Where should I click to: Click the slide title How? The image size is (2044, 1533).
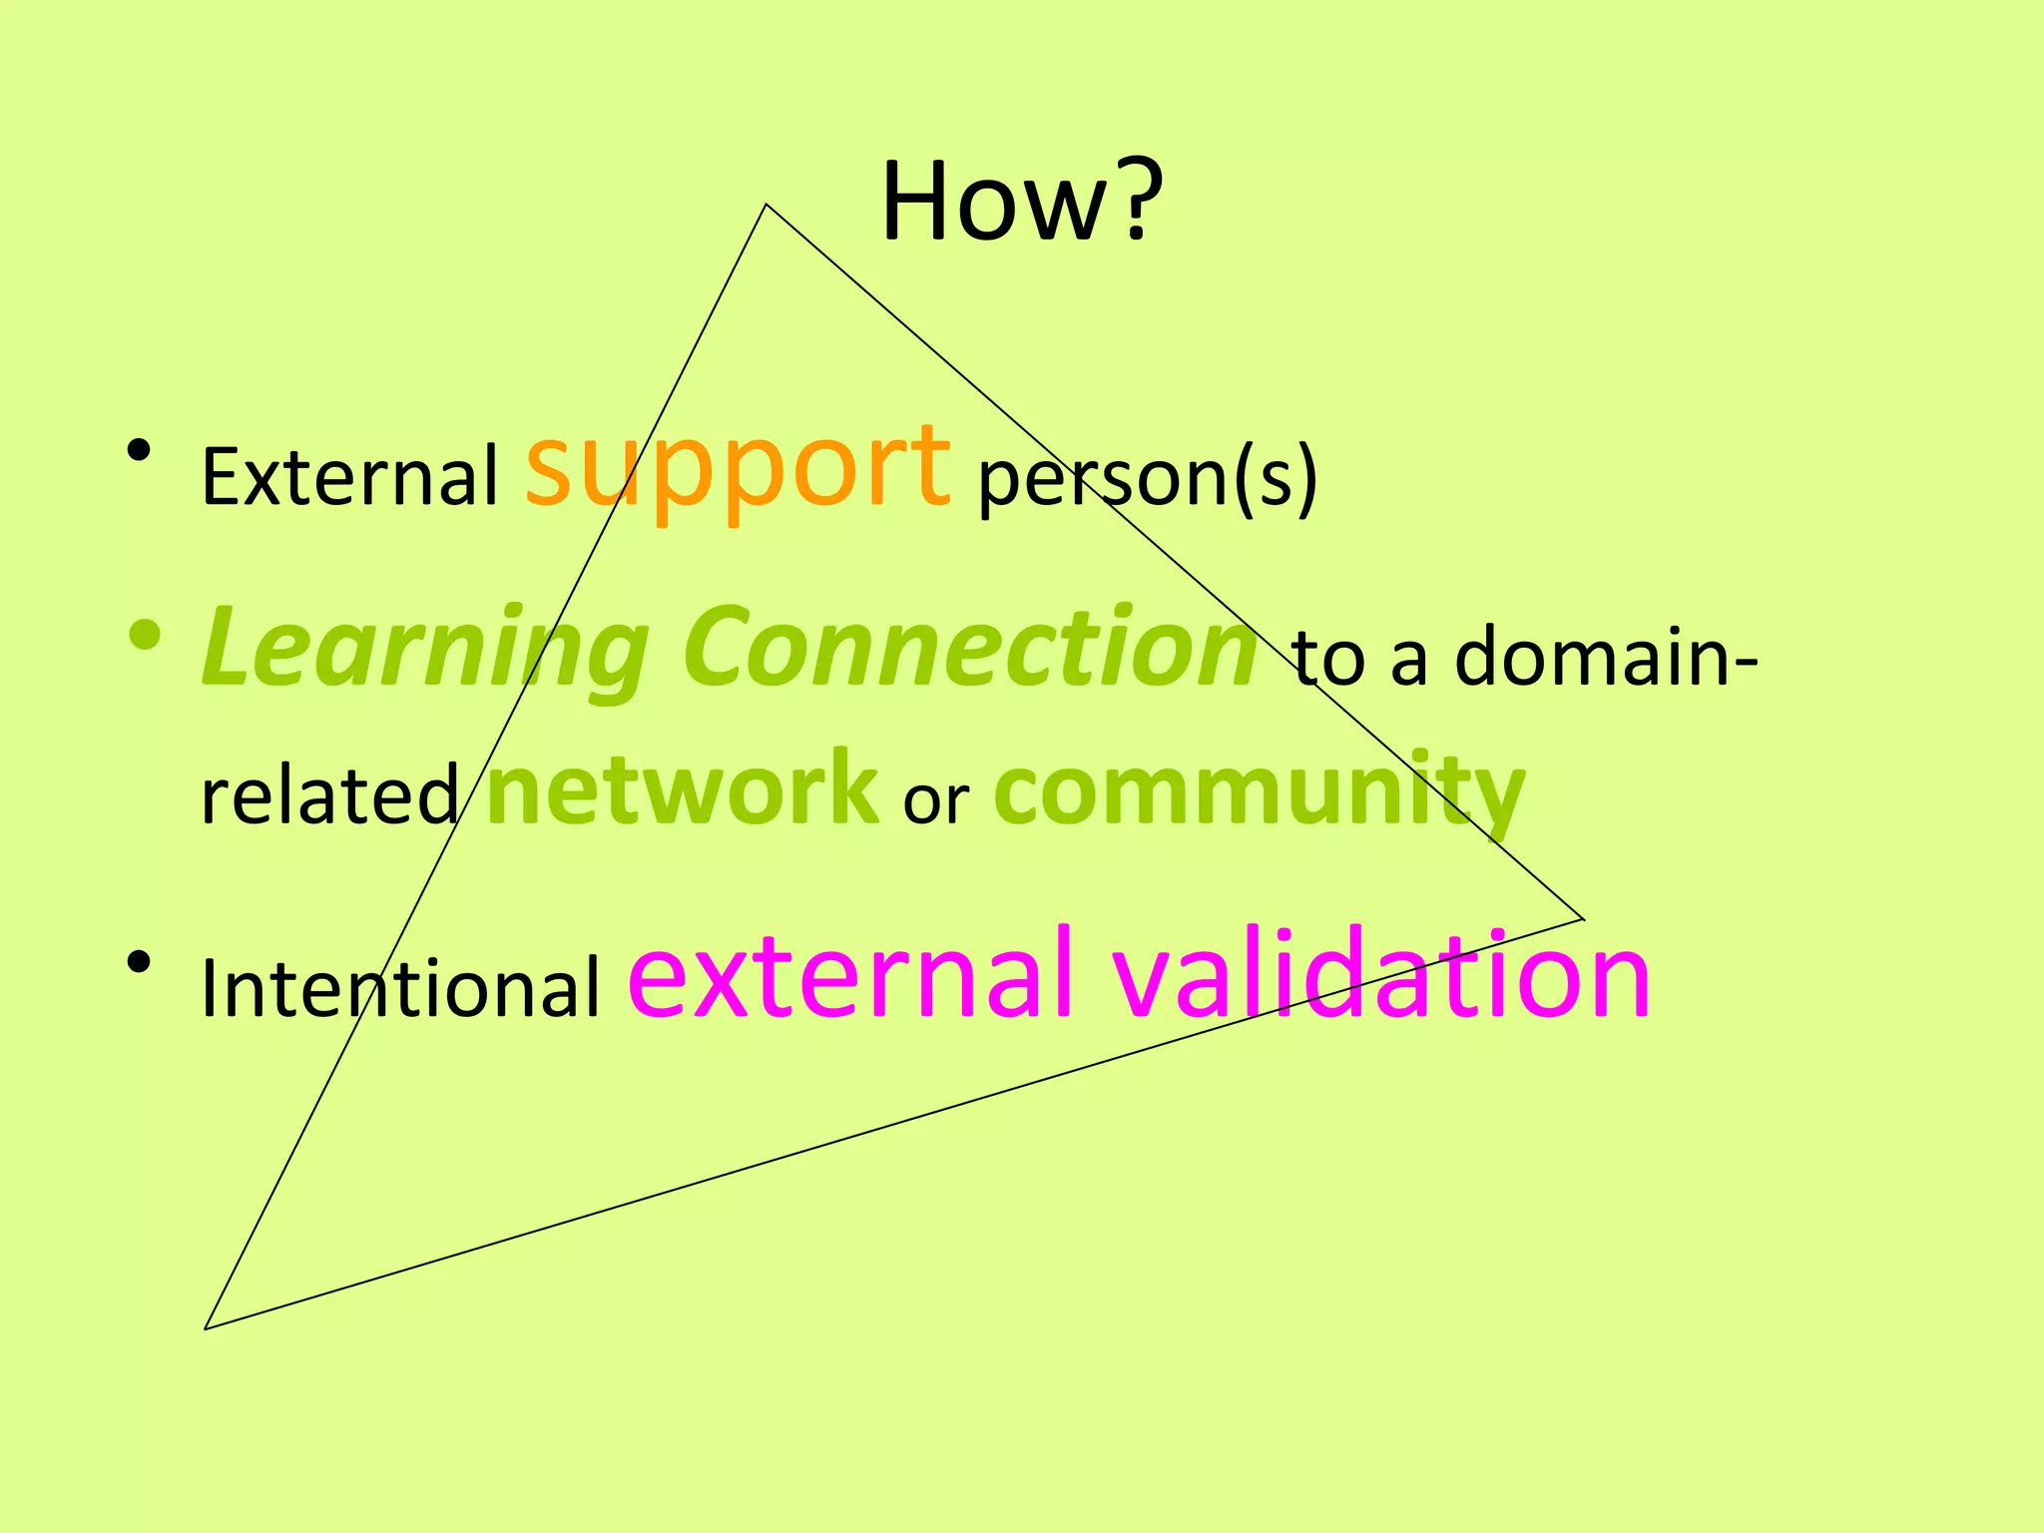(x=1022, y=202)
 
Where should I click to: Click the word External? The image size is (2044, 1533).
(x=349, y=477)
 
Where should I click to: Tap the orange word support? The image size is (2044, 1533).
(x=738, y=467)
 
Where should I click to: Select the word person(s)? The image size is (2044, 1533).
(x=1148, y=479)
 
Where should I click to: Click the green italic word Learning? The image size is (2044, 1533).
(x=425, y=649)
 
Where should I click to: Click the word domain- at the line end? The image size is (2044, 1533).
(x=1606, y=657)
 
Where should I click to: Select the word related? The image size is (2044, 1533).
(x=329, y=794)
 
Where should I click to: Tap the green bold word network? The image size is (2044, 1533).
(x=683, y=788)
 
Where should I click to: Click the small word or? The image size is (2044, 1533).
(x=936, y=800)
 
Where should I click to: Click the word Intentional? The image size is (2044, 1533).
(x=400, y=988)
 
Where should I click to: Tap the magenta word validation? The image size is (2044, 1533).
(x=1381, y=974)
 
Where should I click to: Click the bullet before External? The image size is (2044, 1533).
(x=140, y=451)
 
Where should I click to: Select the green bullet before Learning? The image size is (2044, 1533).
(x=145, y=635)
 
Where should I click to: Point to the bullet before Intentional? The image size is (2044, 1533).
(x=140, y=962)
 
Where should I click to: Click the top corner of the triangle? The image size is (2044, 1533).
(x=766, y=205)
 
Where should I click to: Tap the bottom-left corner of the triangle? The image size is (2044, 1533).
(x=206, y=1328)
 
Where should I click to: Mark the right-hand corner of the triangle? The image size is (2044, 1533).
(x=1584, y=918)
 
